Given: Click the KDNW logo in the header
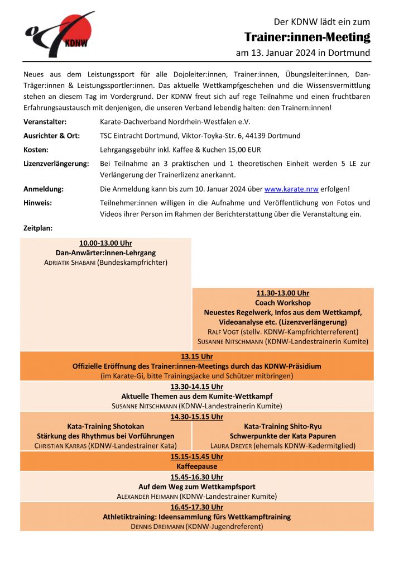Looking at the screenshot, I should click(x=58, y=34).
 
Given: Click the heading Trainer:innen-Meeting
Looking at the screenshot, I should click(x=307, y=37).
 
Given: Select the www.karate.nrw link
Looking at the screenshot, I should click(x=291, y=189).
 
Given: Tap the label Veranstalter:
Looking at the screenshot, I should click(x=45, y=121).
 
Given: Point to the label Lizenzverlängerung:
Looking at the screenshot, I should click(x=56, y=163).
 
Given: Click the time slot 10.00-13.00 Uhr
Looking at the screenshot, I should click(x=105, y=243).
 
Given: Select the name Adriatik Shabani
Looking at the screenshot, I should click(x=69, y=262).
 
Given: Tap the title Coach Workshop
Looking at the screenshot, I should click(x=282, y=303).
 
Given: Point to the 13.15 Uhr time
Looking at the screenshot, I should click(x=196, y=356).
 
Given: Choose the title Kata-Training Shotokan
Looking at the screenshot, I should click(x=105, y=426).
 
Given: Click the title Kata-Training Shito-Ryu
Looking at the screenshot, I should click(x=282, y=426).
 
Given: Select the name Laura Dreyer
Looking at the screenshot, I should click(x=230, y=446).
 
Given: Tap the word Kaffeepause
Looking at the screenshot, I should click(x=196, y=466).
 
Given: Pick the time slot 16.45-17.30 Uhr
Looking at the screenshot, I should click(x=196, y=507).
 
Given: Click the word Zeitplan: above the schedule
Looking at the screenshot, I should click(x=39, y=228).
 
